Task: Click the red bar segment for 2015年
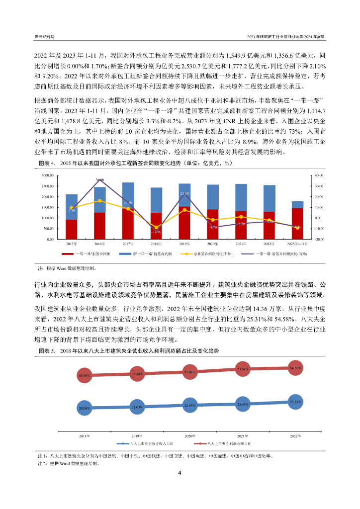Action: [71, 229]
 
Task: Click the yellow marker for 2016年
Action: [99, 200]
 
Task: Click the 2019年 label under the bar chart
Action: [184, 244]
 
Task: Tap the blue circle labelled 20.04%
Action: [84, 408]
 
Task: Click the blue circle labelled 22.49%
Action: [189, 405]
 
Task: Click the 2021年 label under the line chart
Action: [243, 435]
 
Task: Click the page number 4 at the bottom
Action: [180, 473]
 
